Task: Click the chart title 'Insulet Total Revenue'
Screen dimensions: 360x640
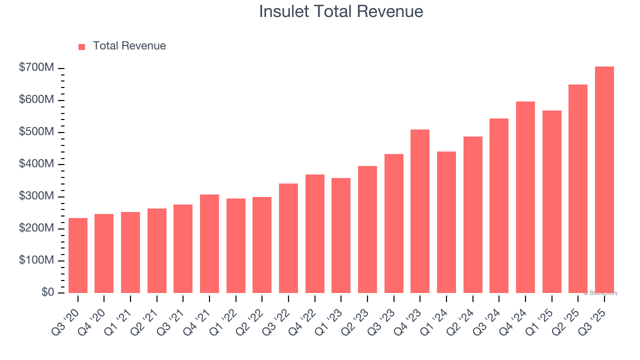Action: click(x=341, y=11)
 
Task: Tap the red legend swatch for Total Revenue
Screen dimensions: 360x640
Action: click(x=82, y=46)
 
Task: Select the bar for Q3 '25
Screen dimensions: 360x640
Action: click(x=604, y=179)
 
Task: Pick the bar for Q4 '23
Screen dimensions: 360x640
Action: click(x=420, y=211)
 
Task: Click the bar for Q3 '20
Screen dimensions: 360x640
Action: click(x=78, y=255)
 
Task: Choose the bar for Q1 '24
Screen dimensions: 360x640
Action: click(x=446, y=222)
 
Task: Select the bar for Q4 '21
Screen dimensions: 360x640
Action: click(x=209, y=243)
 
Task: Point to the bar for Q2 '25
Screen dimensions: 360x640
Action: click(x=578, y=188)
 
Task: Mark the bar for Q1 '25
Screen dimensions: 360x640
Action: click(x=551, y=201)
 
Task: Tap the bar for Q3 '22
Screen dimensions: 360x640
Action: click(x=288, y=238)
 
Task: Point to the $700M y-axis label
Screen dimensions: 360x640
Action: click(x=36, y=67)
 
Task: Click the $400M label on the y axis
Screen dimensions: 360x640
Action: click(x=36, y=164)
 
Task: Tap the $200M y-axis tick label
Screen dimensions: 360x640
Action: click(x=36, y=228)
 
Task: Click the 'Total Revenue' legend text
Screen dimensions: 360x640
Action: click(x=129, y=46)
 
